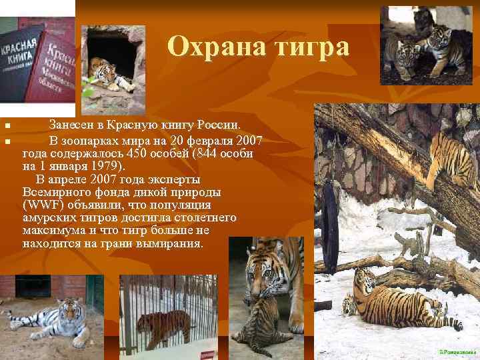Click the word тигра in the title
click(306, 47)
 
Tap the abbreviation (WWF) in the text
click(41, 205)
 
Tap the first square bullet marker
click(6, 126)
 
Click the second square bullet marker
click(6, 141)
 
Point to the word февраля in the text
click(209, 141)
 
